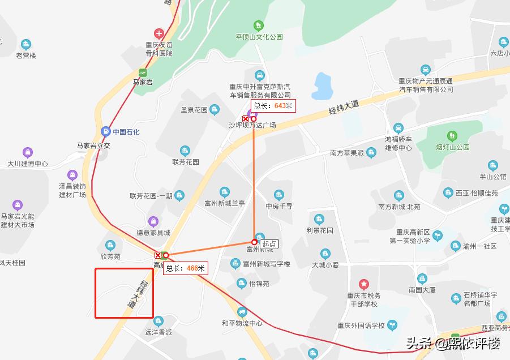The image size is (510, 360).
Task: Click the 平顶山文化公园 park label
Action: coord(259,37)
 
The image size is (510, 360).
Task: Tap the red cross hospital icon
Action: coord(158,34)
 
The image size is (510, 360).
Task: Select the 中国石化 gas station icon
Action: coord(105,131)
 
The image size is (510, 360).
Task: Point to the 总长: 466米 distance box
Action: coord(186,268)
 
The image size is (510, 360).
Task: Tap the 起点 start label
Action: coord(269,243)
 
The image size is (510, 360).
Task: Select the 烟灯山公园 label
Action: coord(453,147)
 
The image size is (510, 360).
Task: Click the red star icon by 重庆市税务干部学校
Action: coord(364,283)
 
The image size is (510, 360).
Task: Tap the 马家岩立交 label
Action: coord(93,145)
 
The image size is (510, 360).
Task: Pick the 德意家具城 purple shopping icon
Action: coord(153,221)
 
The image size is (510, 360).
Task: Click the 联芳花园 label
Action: coord(186,161)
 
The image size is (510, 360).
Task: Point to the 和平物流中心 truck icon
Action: coord(242,312)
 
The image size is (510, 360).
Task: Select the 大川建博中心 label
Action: coord(28,164)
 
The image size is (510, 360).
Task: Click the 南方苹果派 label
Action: coord(347,153)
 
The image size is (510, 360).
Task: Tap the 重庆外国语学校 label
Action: coord(361,325)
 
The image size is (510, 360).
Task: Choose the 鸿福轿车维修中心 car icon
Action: coord(398,128)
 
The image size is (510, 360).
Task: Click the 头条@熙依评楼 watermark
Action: coord(453,343)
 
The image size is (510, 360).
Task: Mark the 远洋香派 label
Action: coord(158,332)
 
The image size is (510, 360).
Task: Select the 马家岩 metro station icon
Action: coord(143,72)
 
